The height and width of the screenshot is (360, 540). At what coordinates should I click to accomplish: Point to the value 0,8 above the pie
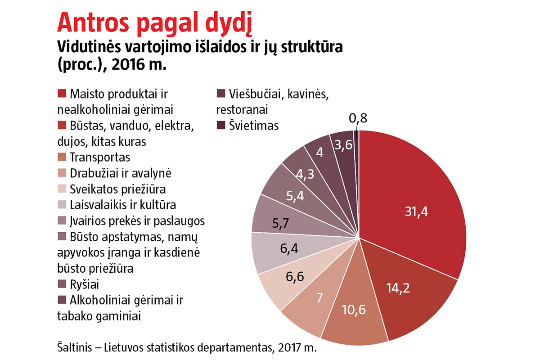click(x=358, y=119)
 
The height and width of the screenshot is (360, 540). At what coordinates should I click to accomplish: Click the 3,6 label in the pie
click(x=344, y=145)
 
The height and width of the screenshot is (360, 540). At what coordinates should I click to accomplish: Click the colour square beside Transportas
click(x=62, y=157)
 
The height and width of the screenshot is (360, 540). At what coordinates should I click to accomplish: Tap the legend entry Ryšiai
click(x=84, y=284)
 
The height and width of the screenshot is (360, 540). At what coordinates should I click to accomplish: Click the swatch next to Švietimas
click(x=221, y=126)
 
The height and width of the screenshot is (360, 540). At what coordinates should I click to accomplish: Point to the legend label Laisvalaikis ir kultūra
click(x=123, y=205)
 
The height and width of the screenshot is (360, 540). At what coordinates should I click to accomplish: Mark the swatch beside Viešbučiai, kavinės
click(x=221, y=94)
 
